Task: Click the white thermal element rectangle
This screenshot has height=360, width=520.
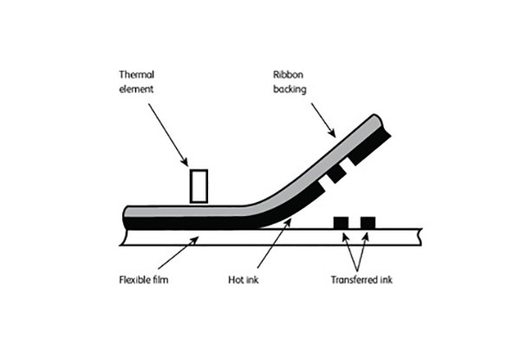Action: pos(198,186)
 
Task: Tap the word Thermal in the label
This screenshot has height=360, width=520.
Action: pos(137,75)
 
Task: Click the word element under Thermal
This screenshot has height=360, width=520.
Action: pos(136,89)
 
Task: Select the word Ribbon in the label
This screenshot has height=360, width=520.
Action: pos(288,75)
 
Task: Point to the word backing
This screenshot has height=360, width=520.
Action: pos(289,89)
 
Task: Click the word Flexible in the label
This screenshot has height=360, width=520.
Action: pos(132,279)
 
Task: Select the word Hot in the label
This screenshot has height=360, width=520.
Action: pos(236,279)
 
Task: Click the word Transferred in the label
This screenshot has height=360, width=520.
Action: pos(353,279)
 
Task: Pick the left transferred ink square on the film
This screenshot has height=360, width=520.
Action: pos(341,223)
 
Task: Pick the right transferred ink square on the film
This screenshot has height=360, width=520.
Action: pos(367,223)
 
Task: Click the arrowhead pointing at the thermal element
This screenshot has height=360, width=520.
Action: pos(185,161)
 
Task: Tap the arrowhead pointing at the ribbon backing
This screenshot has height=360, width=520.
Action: pos(332,133)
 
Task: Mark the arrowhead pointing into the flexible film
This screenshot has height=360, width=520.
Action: pos(194,240)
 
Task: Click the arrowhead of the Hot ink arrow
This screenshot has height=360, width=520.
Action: pos(287,223)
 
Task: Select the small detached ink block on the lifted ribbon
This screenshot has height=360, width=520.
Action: pos(337,174)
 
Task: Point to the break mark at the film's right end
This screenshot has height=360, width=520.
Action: pos(420,237)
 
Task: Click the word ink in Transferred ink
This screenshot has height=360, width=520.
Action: pos(386,279)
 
